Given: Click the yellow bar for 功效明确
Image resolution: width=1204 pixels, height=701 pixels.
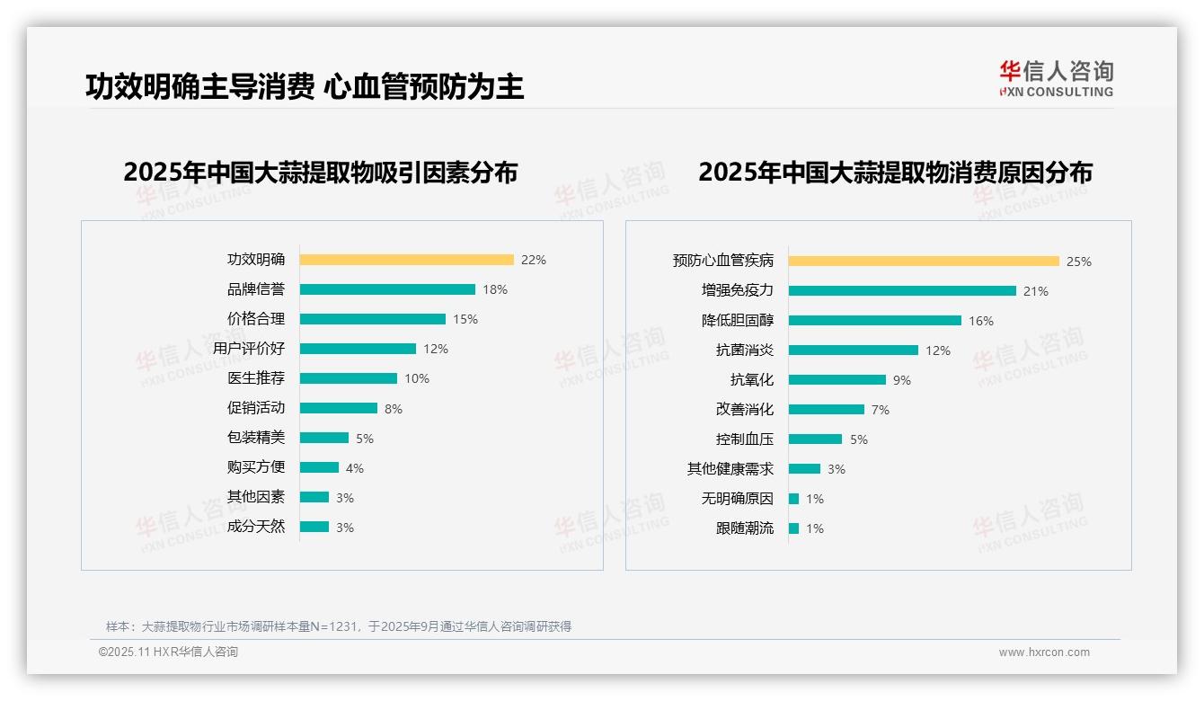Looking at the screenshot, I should click(x=406, y=260).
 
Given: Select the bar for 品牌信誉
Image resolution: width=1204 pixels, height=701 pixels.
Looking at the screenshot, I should click(x=387, y=289).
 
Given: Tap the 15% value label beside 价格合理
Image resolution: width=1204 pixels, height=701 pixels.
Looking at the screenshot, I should click(x=465, y=319).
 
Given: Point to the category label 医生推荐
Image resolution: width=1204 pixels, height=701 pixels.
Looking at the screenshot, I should click(x=256, y=378).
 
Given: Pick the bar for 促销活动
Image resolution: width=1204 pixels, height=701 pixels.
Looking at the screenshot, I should click(x=339, y=408).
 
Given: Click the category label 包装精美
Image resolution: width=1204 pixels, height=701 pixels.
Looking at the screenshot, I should click(x=256, y=438).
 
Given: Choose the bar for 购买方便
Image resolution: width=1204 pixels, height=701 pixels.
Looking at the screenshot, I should click(x=319, y=467).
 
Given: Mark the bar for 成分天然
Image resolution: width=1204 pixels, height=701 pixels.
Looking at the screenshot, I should click(x=314, y=527).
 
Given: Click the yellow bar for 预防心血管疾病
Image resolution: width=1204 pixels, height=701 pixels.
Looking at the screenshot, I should click(x=924, y=261).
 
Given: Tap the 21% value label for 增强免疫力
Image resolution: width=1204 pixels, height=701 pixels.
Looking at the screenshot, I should click(x=1036, y=291).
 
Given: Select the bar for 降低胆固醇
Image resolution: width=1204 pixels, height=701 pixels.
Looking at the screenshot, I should click(x=874, y=321).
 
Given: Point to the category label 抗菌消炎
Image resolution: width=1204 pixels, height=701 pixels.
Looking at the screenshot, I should click(x=745, y=350).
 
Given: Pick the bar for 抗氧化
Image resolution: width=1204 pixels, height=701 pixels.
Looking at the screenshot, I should click(x=837, y=380).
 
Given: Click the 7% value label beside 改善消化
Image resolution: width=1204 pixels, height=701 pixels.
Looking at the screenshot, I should click(x=881, y=410).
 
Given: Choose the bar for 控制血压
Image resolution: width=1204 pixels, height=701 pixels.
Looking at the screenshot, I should click(x=815, y=439).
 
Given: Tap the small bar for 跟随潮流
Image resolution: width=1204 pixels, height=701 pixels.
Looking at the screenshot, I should click(x=793, y=528).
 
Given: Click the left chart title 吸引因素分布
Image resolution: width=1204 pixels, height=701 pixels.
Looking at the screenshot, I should click(x=321, y=172).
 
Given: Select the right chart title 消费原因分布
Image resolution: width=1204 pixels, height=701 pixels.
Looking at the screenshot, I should click(x=895, y=172).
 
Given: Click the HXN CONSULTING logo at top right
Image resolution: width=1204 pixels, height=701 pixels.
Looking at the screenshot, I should click(x=1056, y=79).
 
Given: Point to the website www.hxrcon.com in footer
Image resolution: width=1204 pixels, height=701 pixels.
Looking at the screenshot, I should click(x=1044, y=652).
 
